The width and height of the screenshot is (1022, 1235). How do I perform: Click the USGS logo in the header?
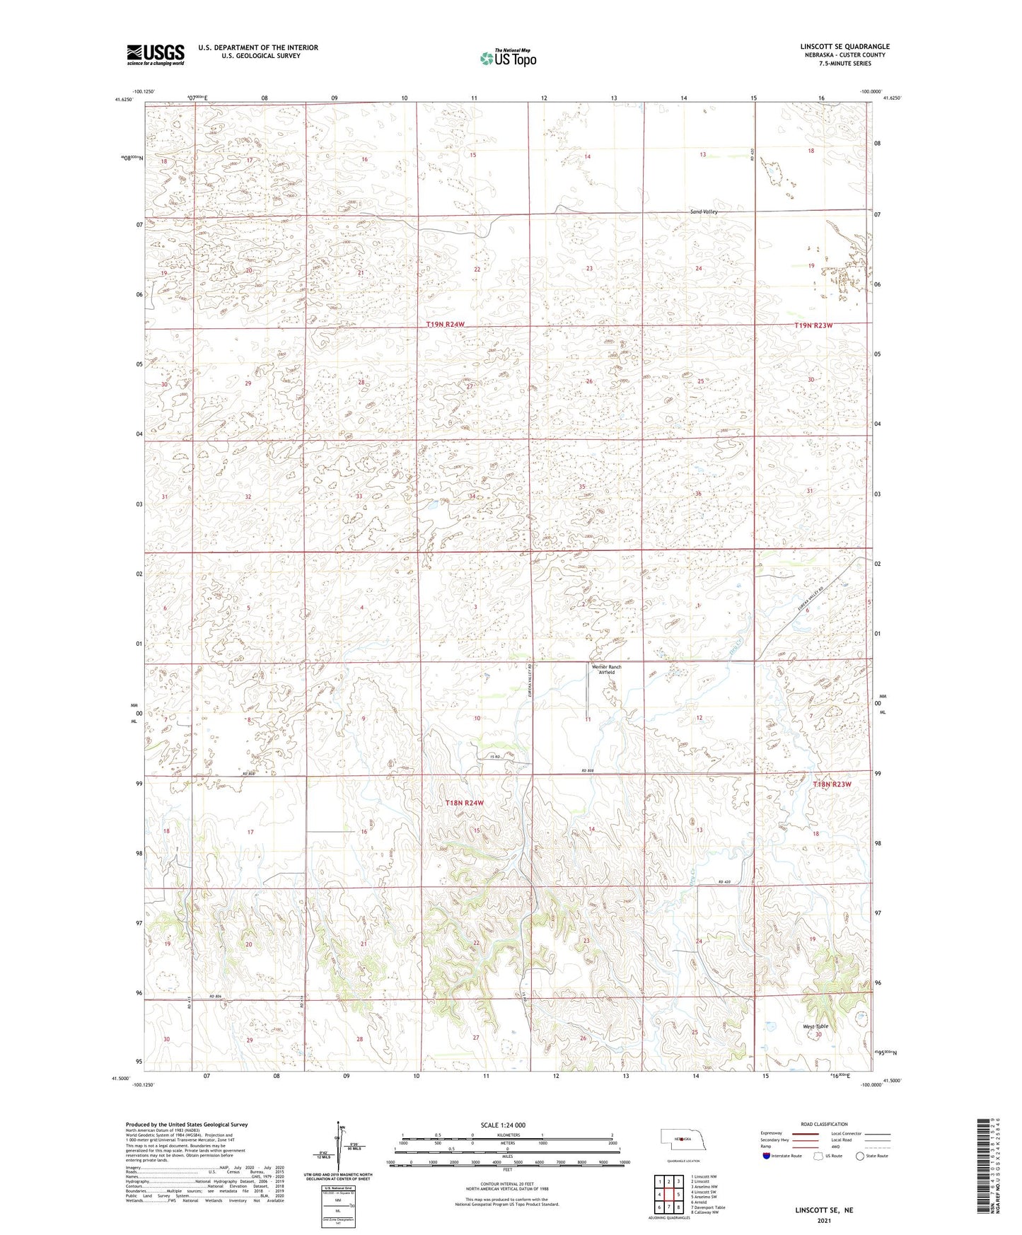coord(156,54)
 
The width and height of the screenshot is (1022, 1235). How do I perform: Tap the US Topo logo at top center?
coord(507,58)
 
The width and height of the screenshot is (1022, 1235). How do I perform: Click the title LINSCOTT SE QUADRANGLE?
coord(844,47)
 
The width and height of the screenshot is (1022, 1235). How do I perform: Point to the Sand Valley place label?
coord(704,212)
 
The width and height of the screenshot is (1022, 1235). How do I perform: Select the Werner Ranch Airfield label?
coord(606,669)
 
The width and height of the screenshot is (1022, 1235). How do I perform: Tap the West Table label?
coord(815,1026)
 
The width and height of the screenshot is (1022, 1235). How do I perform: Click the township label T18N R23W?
coord(832,784)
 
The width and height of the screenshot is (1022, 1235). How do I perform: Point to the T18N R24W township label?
coord(465,803)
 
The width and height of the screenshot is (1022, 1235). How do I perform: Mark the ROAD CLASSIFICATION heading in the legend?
coord(824,1124)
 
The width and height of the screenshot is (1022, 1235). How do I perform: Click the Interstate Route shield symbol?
coord(766,1156)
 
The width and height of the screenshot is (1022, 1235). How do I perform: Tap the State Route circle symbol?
coord(859,1156)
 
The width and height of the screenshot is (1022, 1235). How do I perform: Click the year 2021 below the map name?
coord(824,1221)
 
